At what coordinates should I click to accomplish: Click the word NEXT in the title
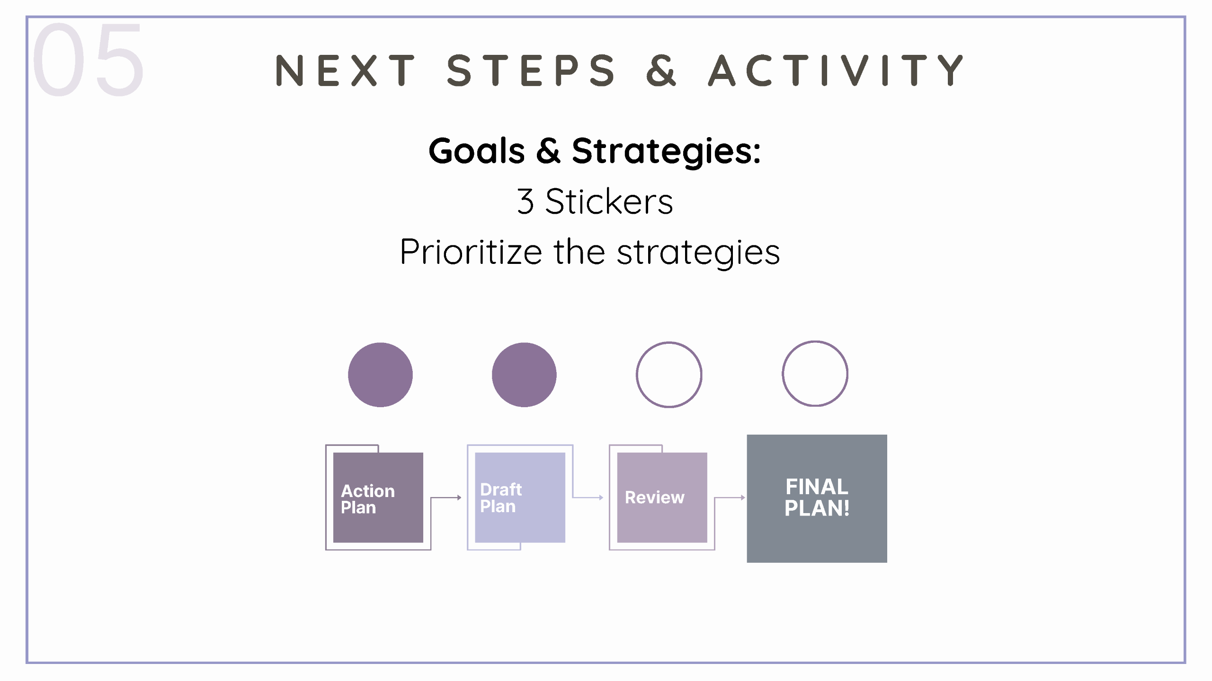pyautogui.click(x=346, y=70)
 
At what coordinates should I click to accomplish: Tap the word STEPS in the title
pyautogui.click(x=531, y=70)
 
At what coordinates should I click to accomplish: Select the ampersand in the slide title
pyautogui.click(x=661, y=70)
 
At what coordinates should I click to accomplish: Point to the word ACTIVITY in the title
pyautogui.click(x=836, y=70)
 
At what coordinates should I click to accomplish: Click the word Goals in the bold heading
pyautogui.click(x=477, y=151)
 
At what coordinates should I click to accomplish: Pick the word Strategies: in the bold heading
pyautogui.click(x=666, y=152)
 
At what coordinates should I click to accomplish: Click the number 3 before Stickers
pyautogui.click(x=526, y=201)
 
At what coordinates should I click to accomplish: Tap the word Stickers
pyautogui.click(x=609, y=201)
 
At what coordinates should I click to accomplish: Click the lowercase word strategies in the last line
pyautogui.click(x=698, y=253)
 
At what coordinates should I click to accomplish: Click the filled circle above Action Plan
pyautogui.click(x=380, y=375)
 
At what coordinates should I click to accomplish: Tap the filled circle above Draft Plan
pyautogui.click(x=524, y=375)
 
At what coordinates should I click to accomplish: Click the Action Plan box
pyautogui.click(x=378, y=498)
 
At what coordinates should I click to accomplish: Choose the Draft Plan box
pyautogui.click(x=520, y=498)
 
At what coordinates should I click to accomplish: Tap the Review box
pyautogui.click(x=662, y=498)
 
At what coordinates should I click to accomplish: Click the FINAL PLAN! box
pyautogui.click(x=817, y=498)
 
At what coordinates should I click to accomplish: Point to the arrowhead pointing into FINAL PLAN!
pyautogui.click(x=743, y=498)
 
